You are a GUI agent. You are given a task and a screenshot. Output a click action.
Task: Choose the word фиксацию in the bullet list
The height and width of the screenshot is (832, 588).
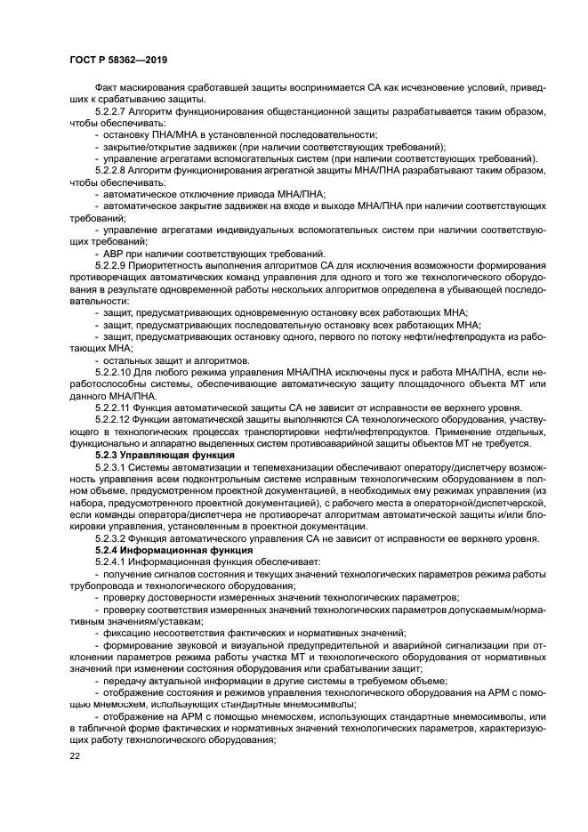pos(127,631)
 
